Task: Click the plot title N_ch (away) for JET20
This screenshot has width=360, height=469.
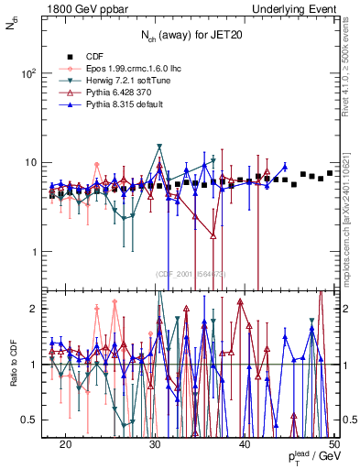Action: click(x=191, y=37)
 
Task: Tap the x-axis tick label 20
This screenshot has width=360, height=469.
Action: click(x=65, y=443)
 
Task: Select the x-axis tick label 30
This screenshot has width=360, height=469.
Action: click(x=155, y=443)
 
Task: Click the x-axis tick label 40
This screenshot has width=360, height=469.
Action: click(x=245, y=443)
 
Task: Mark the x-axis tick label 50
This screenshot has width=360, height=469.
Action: click(x=333, y=443)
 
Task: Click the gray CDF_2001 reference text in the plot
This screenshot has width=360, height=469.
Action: click(x=191, y=274)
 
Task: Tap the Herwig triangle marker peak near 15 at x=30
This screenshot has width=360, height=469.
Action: click(x=159, y=147)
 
